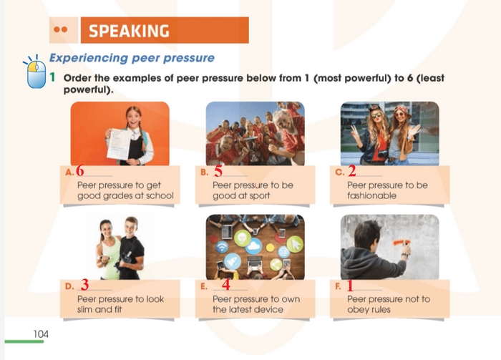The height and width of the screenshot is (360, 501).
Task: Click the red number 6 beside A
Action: pyautogui.click(x=80, y=171)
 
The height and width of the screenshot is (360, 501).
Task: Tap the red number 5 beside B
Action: pyautogui.click(x=218, y=171)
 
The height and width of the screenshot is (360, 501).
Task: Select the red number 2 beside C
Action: pyautogui.click(x=351, y=171)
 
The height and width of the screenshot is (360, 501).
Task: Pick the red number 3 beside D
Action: pyautogui.click(x=84, y=284)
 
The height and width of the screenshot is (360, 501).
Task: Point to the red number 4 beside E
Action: pyautogui.click(x=226, y=284)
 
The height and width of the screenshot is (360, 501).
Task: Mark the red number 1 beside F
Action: pyautogui.click(x=350, y=284)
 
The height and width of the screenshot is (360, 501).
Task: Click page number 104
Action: pyautogui.click(x=41, y=334)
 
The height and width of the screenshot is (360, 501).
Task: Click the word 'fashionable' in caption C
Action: pyautogui.click(x=371, y=195)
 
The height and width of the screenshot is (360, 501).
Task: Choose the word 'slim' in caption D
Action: pyautogui.click(x=87, y=310)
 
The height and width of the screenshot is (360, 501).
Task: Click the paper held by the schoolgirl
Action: pyautogui.click(x=117, y=142)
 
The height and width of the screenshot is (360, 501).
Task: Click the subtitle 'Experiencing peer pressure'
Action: pyautogui.click(x=131, y=57)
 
